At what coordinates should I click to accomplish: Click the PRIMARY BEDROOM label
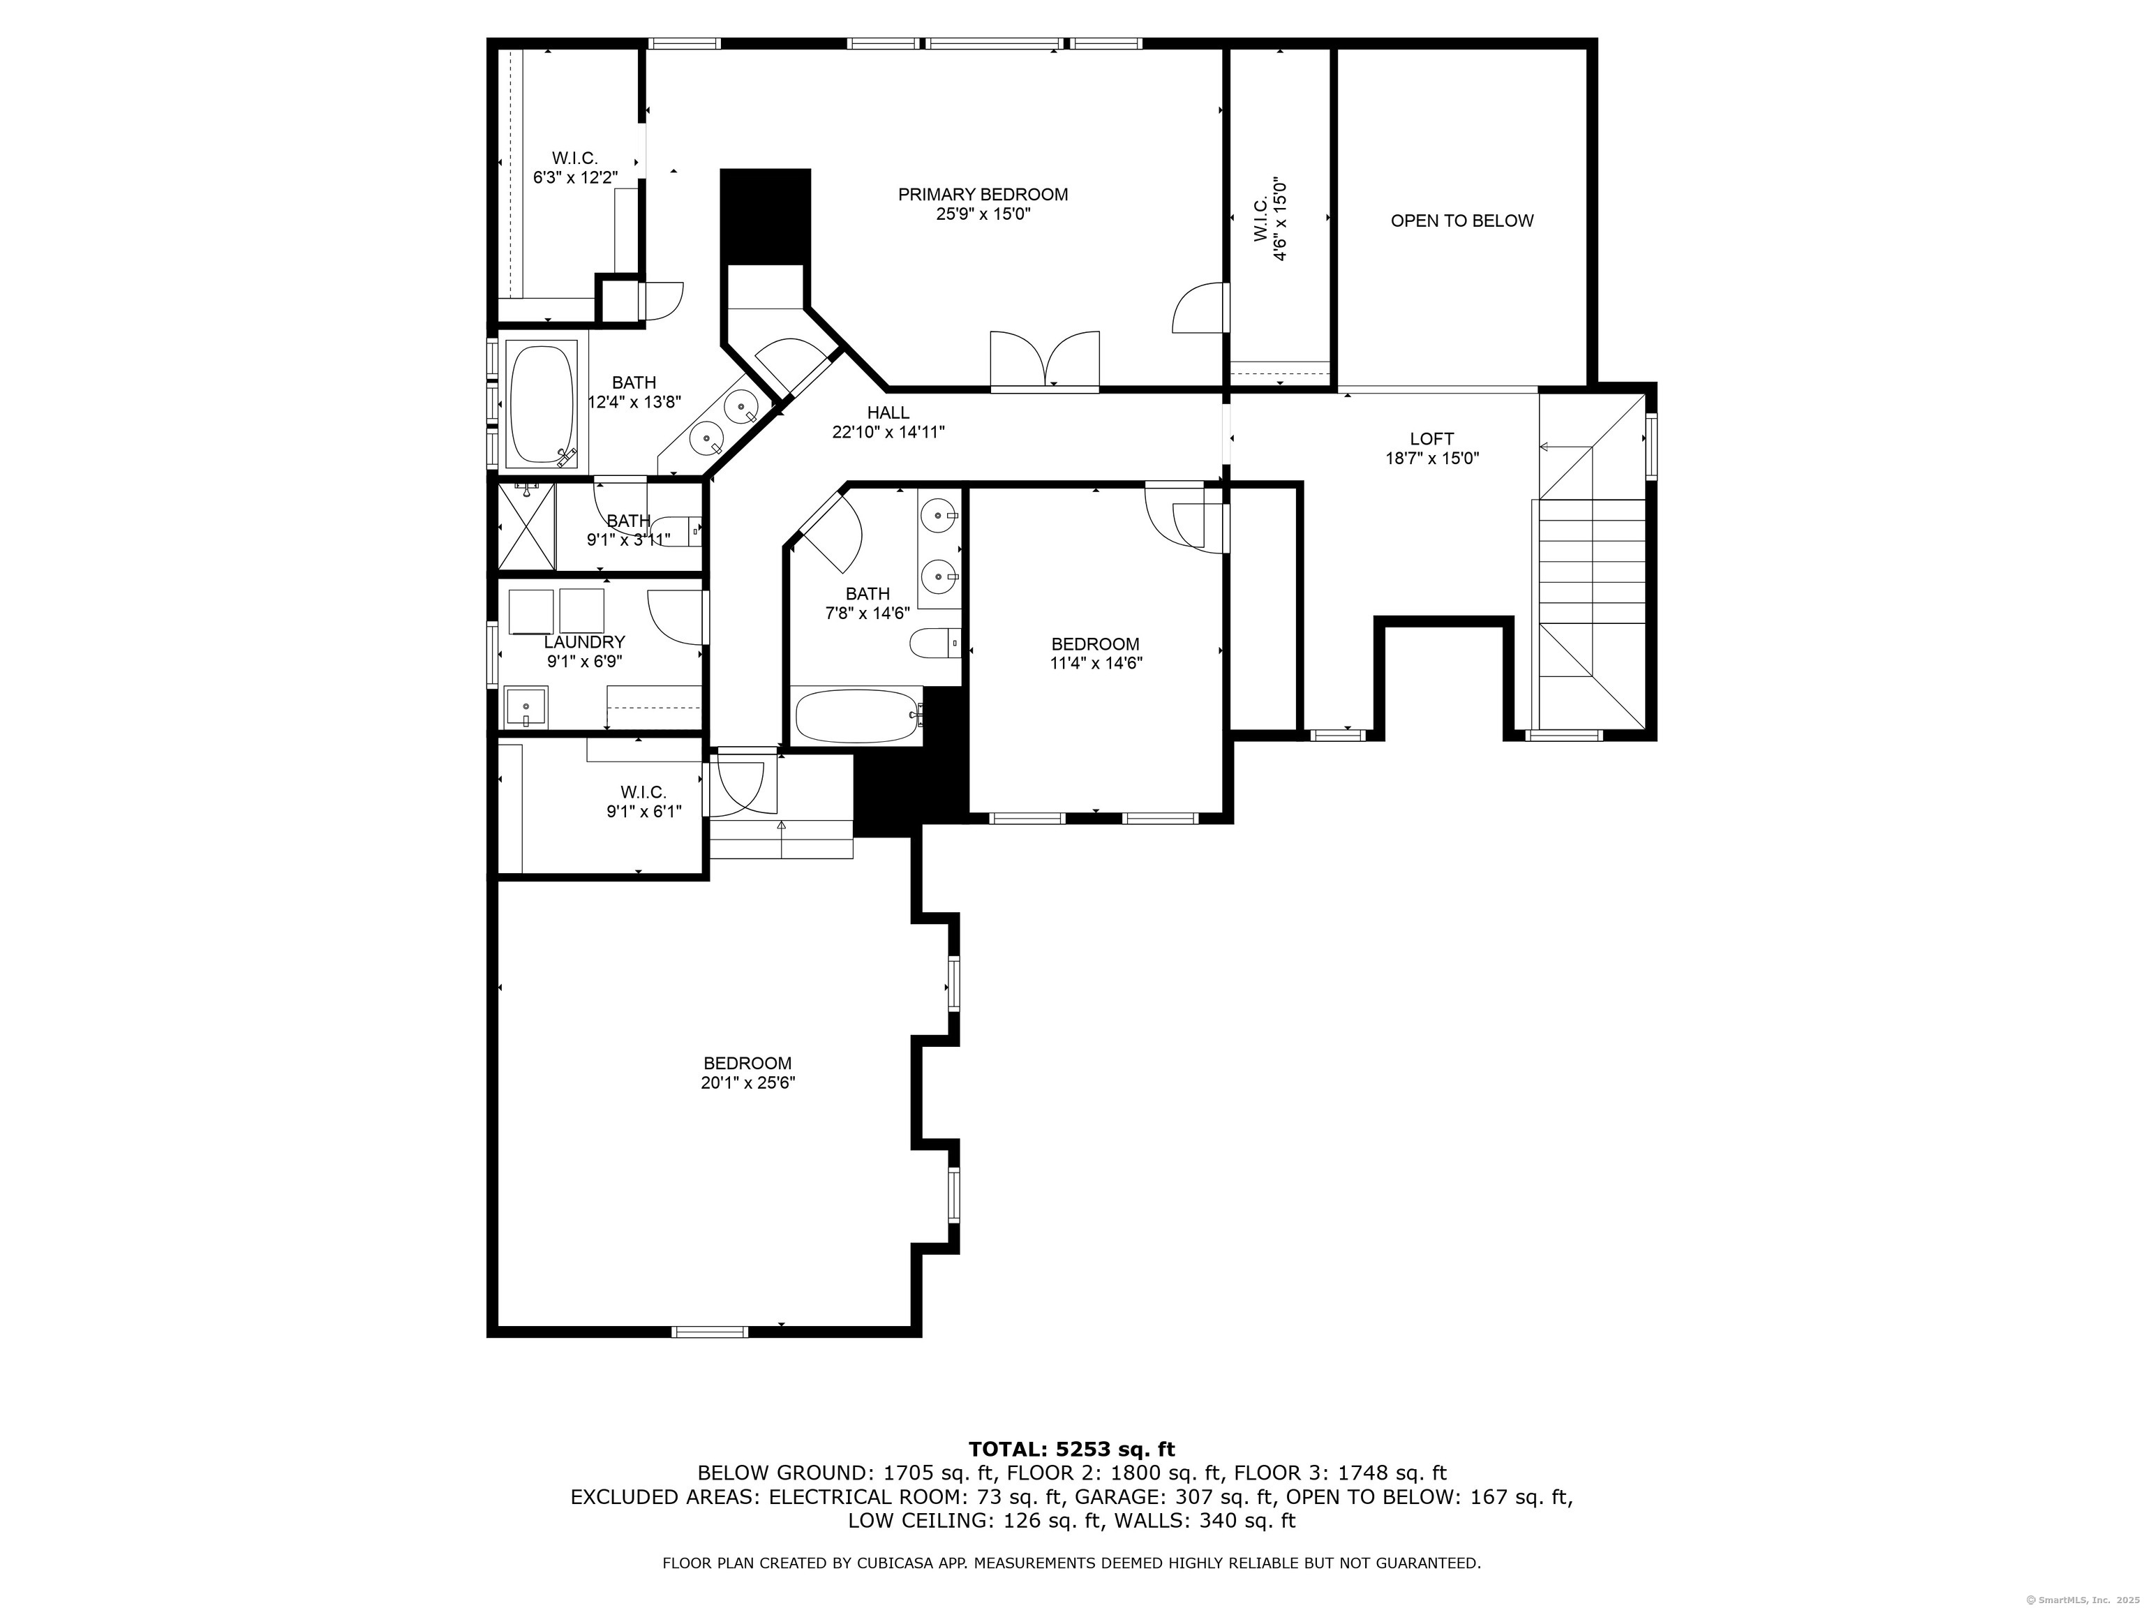[982, 195]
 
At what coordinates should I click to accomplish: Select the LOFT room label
[1431, 439]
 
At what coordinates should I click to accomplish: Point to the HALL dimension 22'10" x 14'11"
[888, 432]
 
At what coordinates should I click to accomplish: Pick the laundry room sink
[526, 706]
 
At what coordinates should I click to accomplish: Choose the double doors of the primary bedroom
[1045, 361]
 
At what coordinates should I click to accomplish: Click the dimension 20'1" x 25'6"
[747, 1082]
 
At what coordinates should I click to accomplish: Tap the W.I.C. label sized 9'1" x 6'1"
[643, 792]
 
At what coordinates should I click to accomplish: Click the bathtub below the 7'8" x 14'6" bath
[857, 716]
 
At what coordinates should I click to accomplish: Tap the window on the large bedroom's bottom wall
[710, 1332]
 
